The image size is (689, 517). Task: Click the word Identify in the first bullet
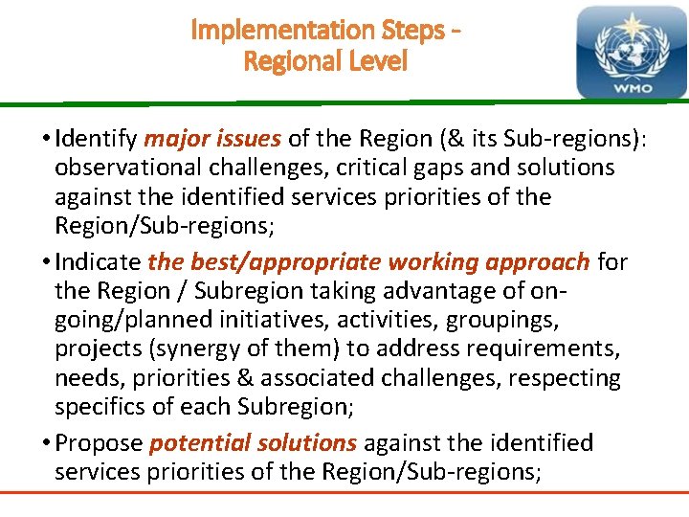96,138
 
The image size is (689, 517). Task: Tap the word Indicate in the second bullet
98,261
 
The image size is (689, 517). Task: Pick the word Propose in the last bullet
100,443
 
